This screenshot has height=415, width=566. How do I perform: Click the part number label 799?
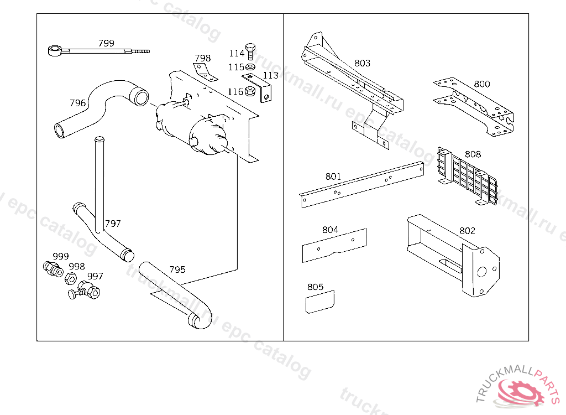coord(106,43)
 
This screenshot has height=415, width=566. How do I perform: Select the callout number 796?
coord(77,103)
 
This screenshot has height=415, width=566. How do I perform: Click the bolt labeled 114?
coord(250,51)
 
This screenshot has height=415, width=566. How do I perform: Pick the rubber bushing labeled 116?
coord(250,91)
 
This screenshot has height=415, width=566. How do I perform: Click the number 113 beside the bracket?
coord(271,76)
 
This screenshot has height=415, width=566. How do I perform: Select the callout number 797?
coord(113,224)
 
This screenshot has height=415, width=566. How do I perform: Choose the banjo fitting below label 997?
coord(89,289)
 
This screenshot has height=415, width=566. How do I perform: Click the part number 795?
coord(177,270)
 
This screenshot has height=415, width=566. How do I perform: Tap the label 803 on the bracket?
coord(362,64)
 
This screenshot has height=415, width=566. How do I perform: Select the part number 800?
coord(481,84)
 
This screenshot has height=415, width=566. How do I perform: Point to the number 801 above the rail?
coord(333,177)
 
